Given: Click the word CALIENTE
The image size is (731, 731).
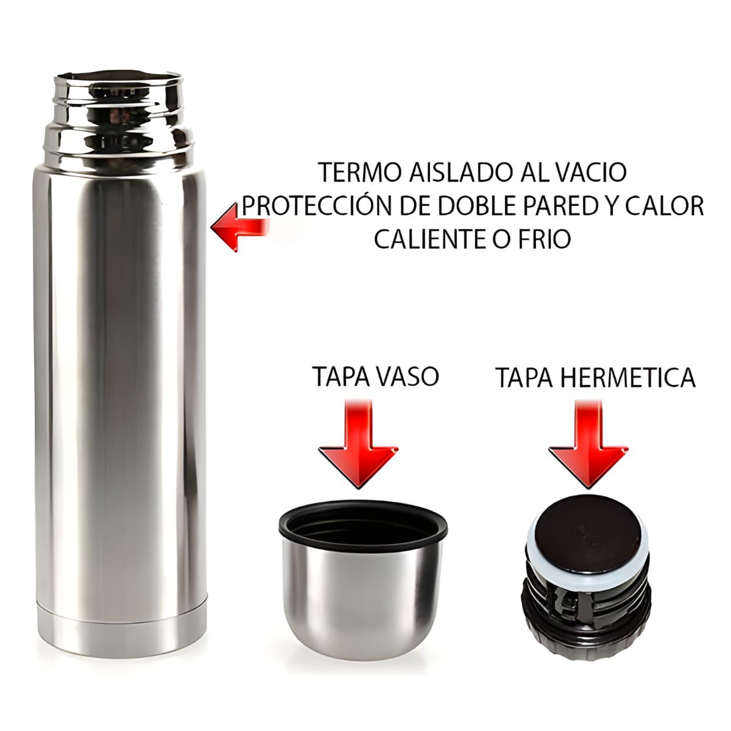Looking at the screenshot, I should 431,239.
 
